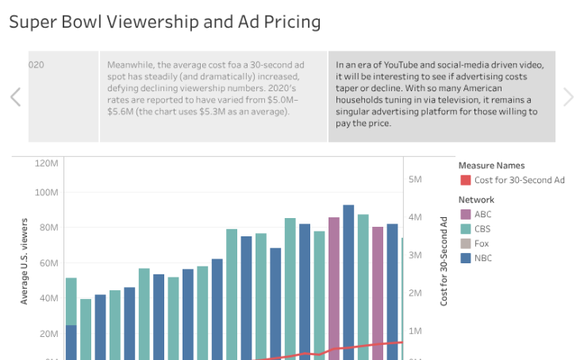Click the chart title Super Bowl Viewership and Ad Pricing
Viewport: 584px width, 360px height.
click(x=165, y=21)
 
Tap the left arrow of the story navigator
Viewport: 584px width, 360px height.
click(x=15, y=97)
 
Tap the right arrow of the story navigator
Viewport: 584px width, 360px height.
click(x=568, y=97)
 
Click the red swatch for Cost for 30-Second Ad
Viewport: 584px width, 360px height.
click(x=465, y=181)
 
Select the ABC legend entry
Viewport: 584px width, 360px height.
click(x=483, y=214)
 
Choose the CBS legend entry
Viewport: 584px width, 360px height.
click(x=483, y=229)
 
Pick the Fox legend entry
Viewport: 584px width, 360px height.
click(x=482, y=243)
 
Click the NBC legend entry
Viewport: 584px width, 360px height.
click(x=483, y=258)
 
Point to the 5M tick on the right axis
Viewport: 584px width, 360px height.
click(x=415, y=179)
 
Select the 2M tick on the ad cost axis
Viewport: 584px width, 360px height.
click(x=415, y=293)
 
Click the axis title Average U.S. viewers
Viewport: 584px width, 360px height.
click(x=25, y=262)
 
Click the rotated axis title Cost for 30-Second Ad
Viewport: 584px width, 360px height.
click(x=444, y=261)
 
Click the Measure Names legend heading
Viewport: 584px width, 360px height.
click(x=492, y=166)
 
